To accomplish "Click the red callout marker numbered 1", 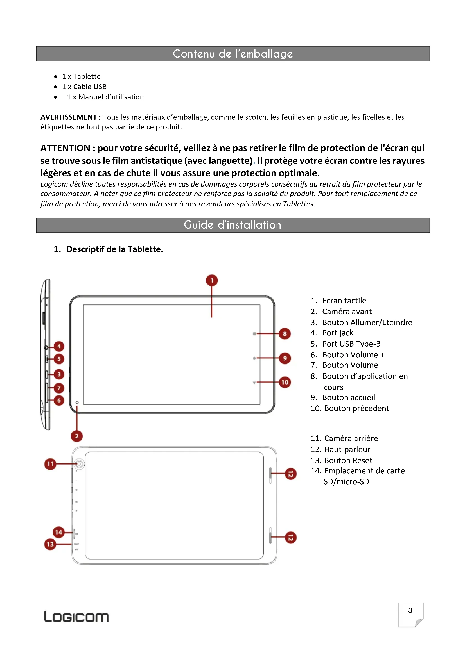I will pos(212,280).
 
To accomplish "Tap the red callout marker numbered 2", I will pos(77,436).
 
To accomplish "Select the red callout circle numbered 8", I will pos(285,334).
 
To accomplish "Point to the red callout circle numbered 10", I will pos(285,382).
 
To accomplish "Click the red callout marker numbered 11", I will pos(50,464).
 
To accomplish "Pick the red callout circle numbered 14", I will pos(59,532).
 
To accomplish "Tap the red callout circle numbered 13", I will pos(50,544).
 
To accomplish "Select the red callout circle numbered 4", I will pos(59,346).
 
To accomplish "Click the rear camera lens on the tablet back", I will pos(79,464).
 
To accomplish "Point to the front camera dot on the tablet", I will pos(77,403).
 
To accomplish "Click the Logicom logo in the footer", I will pos(76,617).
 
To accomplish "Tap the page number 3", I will pos(410,610).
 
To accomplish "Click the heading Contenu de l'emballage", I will pos(233,54).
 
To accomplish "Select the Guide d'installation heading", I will pos(233,225).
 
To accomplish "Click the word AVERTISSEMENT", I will pos(68,117).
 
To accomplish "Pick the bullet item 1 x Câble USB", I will pos(84,87).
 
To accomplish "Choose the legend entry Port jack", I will pos(338,333).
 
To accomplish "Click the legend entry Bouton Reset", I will pos(348,460).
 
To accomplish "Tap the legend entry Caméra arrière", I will pos(351,438).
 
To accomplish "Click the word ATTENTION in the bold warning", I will pos(65,148).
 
